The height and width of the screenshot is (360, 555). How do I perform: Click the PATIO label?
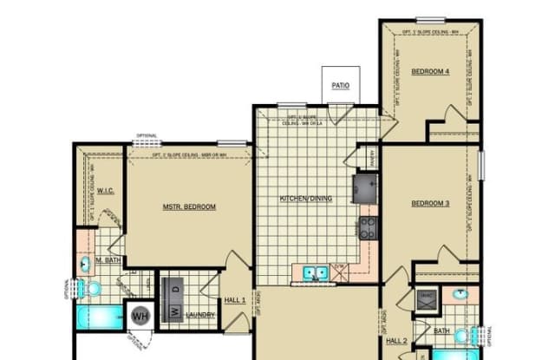[x=342, y=85]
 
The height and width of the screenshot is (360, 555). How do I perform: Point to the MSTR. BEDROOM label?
[x=189, y=206]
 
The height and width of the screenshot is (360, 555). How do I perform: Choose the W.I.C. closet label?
[x=107, y=190]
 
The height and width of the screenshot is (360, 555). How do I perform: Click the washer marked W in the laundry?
[x=173, y=311]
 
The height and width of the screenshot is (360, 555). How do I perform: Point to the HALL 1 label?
[x=236, y=299]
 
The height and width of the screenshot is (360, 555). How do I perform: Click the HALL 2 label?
[x=397, y=340]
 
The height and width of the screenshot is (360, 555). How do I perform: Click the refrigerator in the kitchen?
[x=363, y=187]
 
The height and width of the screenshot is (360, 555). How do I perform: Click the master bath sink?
[x=87, y=264]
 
